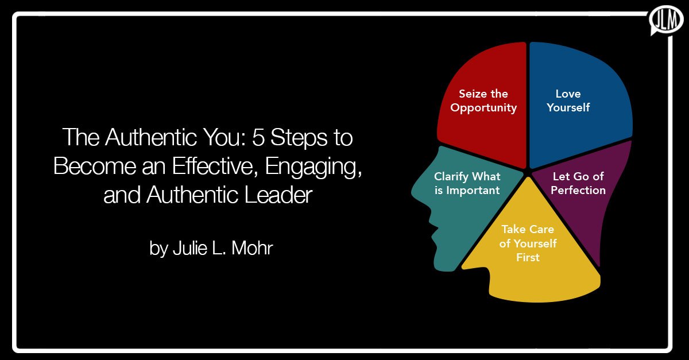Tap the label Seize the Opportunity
coord(483,100)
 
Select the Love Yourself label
coord(568,100)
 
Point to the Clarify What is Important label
coord(467,183)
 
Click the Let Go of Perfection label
coord(578,183)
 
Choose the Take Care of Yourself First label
coord(528,243)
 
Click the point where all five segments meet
coord(526,171)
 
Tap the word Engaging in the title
coord(313,166)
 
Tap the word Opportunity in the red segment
coord(483,108)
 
